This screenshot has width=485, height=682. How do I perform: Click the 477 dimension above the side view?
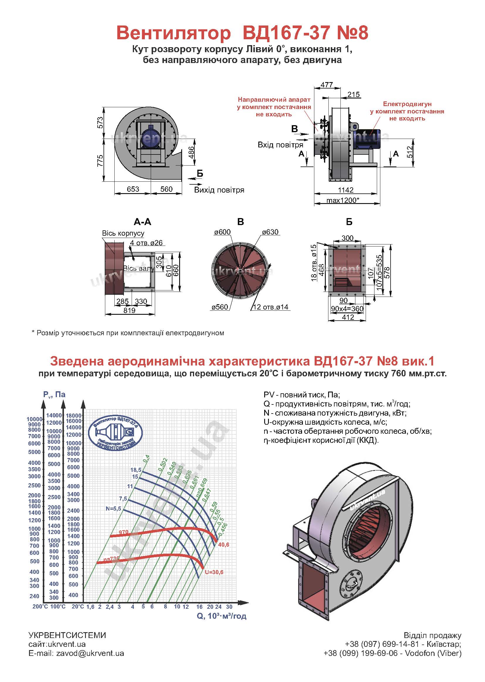click(x=327, y=85)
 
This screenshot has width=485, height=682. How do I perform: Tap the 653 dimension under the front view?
click(x=133, y=189)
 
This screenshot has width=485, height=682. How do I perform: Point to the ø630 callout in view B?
click(x=270, y=232)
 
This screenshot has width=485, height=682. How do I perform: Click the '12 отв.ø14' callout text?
click(x=271, y=307)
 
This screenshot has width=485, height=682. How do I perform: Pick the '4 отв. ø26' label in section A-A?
click(x=146, y=243)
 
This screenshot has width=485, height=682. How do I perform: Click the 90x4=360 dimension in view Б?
click(x=347, y=309)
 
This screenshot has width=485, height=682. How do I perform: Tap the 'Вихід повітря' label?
click(x=219, y=190)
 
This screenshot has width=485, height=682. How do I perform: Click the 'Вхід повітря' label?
click(x=280, y=145)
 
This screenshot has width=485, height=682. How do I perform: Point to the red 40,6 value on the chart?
click(x=224, y=545)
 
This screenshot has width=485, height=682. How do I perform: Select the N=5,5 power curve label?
click(x=113, y=508)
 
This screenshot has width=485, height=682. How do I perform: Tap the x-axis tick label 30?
click(x=229, y=606)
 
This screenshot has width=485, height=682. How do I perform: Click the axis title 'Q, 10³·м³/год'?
click(x=222, y=616)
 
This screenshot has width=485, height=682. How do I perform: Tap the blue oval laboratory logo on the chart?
click(x=116, y=433)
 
